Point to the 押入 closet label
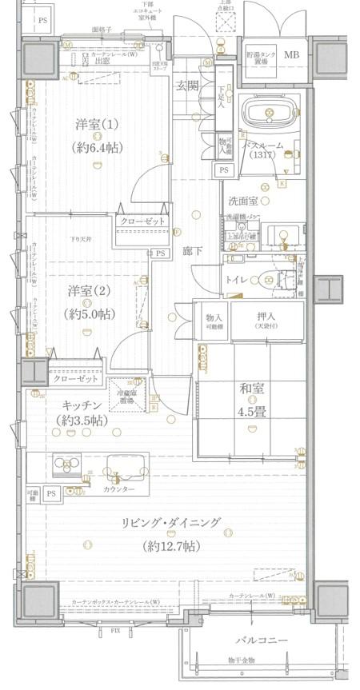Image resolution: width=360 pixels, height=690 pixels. point(267,317)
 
